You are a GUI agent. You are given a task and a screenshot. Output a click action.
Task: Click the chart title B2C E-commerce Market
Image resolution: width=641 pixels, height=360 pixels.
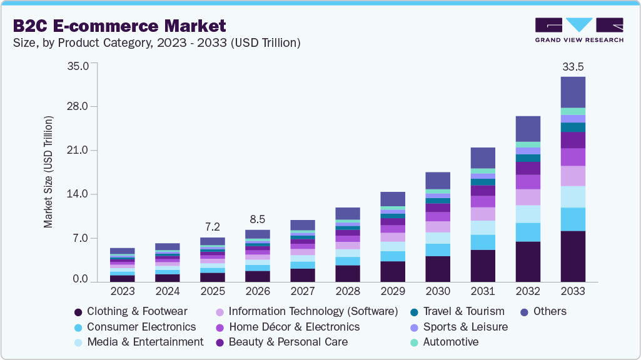click(118, 26)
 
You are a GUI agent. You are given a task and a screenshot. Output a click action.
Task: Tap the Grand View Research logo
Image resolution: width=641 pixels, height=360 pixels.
click(578, 29)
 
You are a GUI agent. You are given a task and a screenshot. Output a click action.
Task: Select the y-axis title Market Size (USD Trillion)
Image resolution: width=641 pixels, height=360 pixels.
click(48, 171)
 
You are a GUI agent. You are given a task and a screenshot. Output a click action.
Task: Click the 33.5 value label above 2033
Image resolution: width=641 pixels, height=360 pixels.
click(573, 66)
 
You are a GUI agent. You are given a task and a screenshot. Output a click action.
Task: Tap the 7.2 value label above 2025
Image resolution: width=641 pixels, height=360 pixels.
click(212, 226)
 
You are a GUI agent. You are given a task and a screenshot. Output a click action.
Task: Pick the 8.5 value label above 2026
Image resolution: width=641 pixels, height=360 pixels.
click(257, 219)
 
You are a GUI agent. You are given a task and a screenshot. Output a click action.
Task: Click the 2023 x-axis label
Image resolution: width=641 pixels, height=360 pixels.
click(122, 291)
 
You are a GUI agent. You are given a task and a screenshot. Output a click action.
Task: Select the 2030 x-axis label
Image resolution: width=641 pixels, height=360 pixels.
click(437, 291)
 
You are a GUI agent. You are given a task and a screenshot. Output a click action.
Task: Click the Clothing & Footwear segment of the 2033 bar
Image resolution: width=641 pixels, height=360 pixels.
click(573, 256)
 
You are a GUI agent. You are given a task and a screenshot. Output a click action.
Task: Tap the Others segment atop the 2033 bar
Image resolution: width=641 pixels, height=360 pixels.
click(573, 92)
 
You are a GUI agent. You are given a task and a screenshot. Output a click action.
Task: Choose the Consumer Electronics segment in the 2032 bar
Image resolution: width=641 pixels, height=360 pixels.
click(528, 232)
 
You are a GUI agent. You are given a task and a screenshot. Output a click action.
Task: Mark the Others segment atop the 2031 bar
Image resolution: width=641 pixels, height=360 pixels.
click(483, 157)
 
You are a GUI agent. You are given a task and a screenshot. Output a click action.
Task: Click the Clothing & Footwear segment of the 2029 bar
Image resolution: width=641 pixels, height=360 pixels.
click(393, 271)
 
